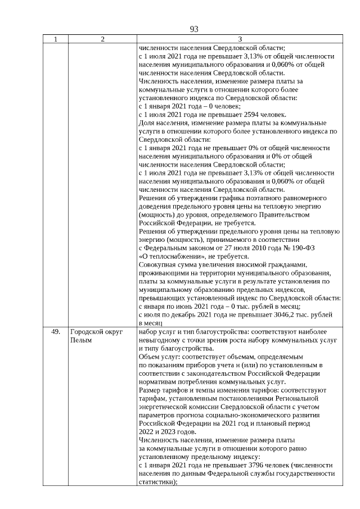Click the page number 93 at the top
point(195,29)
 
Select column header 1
point(55,39)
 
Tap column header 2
point(102,39)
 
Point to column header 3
point(240,39)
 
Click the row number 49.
point(55,332)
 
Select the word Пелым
point(80,340)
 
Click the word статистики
point(156,482)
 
